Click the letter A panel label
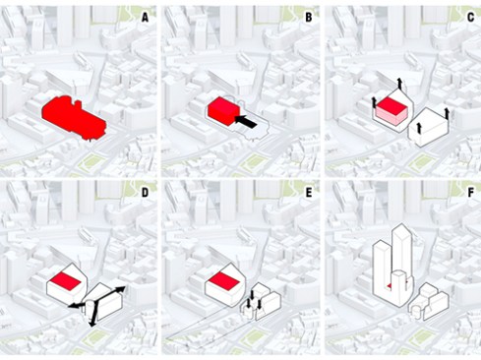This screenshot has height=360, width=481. click(146, 17)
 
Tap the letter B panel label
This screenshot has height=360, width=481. click(308, 17)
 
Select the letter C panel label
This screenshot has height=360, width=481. click(469, 17)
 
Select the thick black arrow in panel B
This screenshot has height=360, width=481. click(254, 121)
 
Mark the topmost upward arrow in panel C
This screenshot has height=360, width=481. click(399, 84)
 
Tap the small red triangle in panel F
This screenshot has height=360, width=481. click(391, 284)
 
